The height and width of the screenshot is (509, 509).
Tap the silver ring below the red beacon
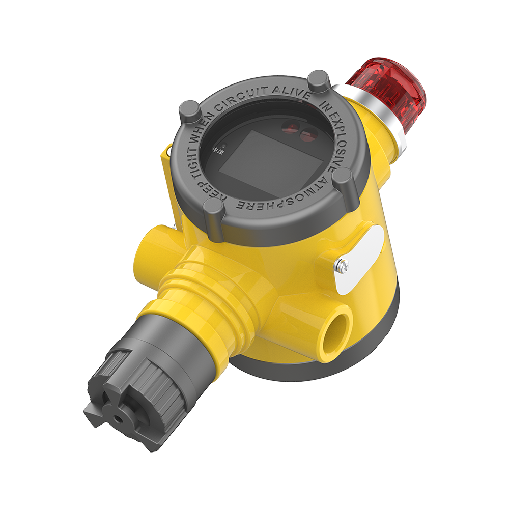pyautogui.click(x=370, y=117)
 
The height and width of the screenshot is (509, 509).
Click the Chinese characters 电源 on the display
pyautogui.click(x=218, y=151)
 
